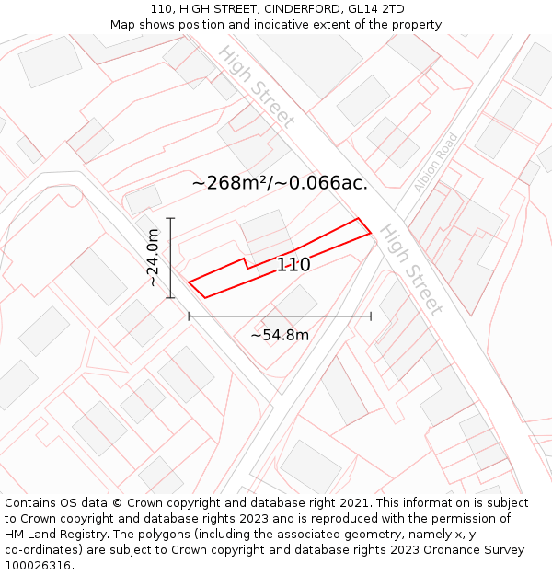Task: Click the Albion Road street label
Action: [435, 163]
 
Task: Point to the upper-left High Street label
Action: [257, 86]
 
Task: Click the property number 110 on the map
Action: [293, 265]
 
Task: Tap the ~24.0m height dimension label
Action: [154, 258]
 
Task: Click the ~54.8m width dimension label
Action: [280, 335]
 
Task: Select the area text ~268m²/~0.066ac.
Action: [280, 182]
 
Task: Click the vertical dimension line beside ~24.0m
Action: [171, 258]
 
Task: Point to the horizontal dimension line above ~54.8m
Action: [280, 316]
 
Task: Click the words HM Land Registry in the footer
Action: [55, 535]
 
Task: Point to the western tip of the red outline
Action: [190, 282]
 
